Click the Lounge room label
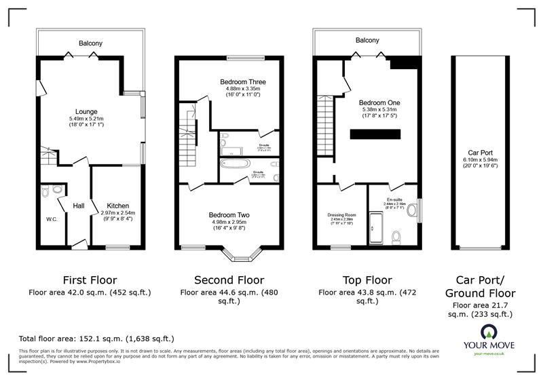pos(87,112)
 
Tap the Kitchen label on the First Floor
pos(117,206)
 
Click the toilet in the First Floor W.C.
pos(45,192)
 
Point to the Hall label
pos(79,206)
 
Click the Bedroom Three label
pos(242,82)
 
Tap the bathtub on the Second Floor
pos(236,164)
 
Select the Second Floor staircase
pos(187,139)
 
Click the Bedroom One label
pos(381,102)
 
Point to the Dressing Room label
pos(341,214)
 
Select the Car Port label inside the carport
pos(479,153)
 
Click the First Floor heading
pos(90,280)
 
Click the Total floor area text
pos(96,338)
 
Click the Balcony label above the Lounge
pos(90,43)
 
